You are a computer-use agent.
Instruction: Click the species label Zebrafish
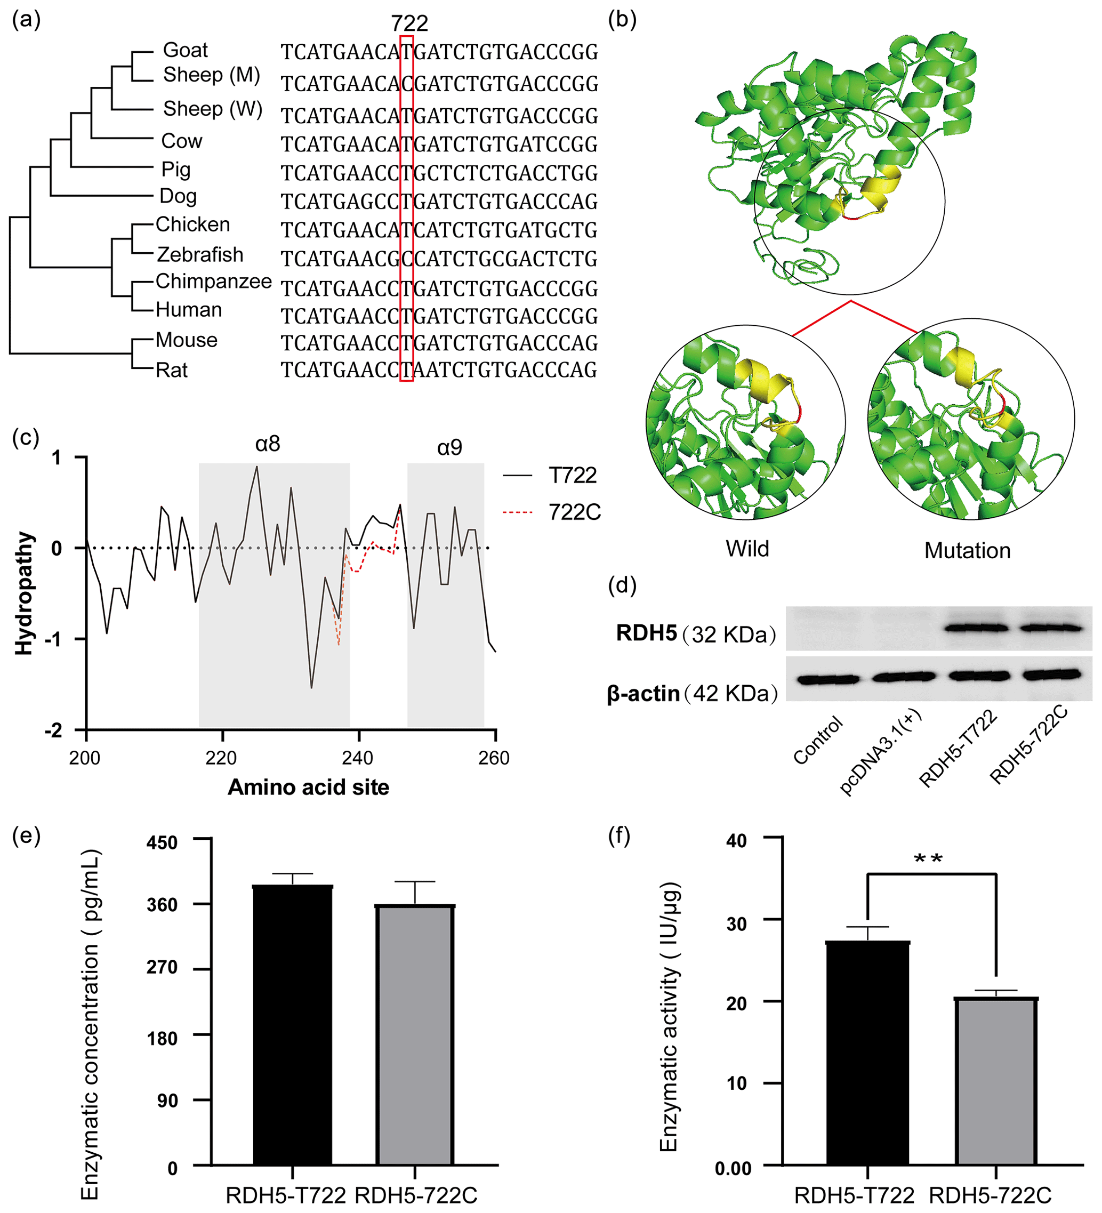200,254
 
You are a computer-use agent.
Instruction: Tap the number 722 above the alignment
409,23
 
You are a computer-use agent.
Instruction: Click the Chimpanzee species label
214,281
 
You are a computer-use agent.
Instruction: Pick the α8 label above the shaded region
268,444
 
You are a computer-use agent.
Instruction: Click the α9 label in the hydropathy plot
449,448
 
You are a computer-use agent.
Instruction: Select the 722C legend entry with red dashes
575,512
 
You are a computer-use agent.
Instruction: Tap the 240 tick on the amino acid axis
358,758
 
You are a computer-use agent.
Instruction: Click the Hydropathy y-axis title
24,593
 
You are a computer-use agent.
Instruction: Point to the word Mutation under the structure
967,551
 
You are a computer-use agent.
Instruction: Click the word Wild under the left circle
747,549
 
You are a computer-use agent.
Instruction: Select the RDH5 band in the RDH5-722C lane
1050,628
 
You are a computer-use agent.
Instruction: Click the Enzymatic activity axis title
669,1017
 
